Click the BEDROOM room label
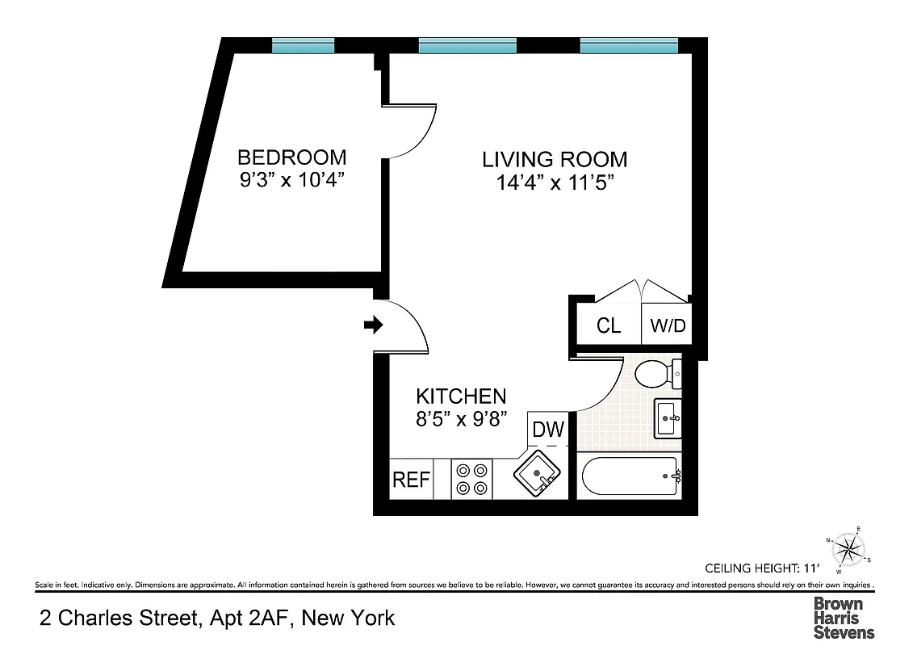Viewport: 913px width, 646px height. click(291, 157)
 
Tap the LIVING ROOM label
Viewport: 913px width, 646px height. click(555, 159)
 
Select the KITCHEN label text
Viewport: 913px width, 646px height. click(461, 396)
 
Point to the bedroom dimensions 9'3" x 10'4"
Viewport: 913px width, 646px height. click(292, 179)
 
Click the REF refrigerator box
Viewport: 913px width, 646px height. click(411, 480)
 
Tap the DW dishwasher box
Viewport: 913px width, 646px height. click(548, 430)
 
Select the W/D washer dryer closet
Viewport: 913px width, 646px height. click(668, 325)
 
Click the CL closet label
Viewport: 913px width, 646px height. click(609, 325)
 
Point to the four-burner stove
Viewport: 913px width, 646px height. click(471, 478)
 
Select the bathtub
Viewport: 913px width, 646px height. click(629, 477)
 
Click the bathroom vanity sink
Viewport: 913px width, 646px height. click(668, 418)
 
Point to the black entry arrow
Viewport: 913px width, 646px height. click(373, 325)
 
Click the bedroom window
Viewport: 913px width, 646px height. click(303, 46)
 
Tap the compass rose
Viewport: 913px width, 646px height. click(847, 549)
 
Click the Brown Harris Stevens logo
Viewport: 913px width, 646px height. click(843, 618)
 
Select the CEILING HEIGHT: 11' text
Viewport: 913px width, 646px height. click(761, 567)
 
